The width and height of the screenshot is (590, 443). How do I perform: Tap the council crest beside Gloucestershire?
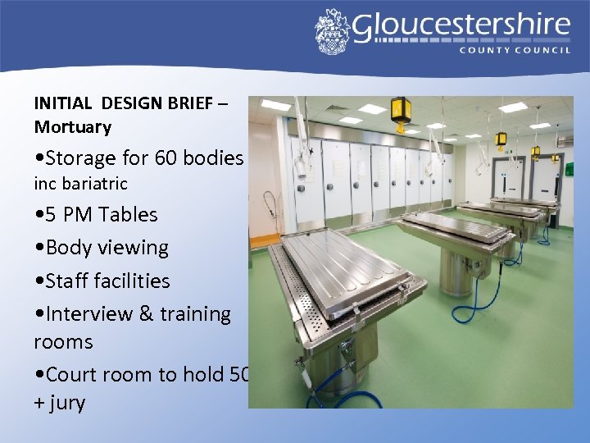click(x=332, y=31)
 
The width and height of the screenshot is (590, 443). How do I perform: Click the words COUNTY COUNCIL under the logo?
click(x=515, y=50)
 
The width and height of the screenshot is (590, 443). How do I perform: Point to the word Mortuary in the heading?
click(x=72, y=127)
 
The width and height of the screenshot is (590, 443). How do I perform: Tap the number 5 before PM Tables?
click(x=53, y=214)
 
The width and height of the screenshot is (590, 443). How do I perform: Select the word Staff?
click(x=69, y=281)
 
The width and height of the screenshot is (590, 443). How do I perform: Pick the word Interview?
click(x=89, y=313)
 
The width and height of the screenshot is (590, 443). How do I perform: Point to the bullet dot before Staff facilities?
click(x=39, y=281)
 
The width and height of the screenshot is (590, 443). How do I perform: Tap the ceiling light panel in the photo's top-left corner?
click(x=275, y=105)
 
